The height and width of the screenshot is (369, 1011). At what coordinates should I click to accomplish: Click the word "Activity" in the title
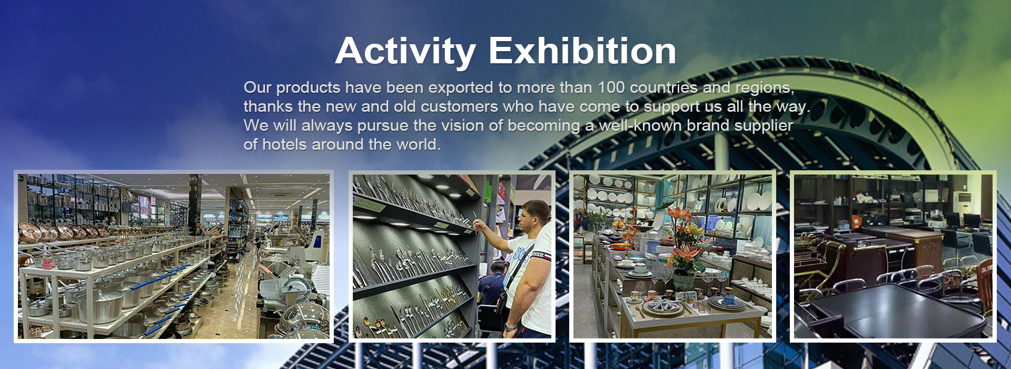click(x=405, y=52)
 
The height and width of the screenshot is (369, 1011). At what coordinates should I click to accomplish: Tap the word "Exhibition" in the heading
click(x=582, y=51)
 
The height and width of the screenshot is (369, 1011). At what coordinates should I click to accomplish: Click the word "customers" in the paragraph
click(x=459, y=106)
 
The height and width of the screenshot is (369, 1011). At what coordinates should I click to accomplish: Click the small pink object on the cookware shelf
click(x=47, y=263)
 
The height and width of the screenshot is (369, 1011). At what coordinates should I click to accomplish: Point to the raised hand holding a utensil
click(x=480, y=227)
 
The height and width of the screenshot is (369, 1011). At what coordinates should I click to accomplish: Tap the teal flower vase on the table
click(x=683, y=281)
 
